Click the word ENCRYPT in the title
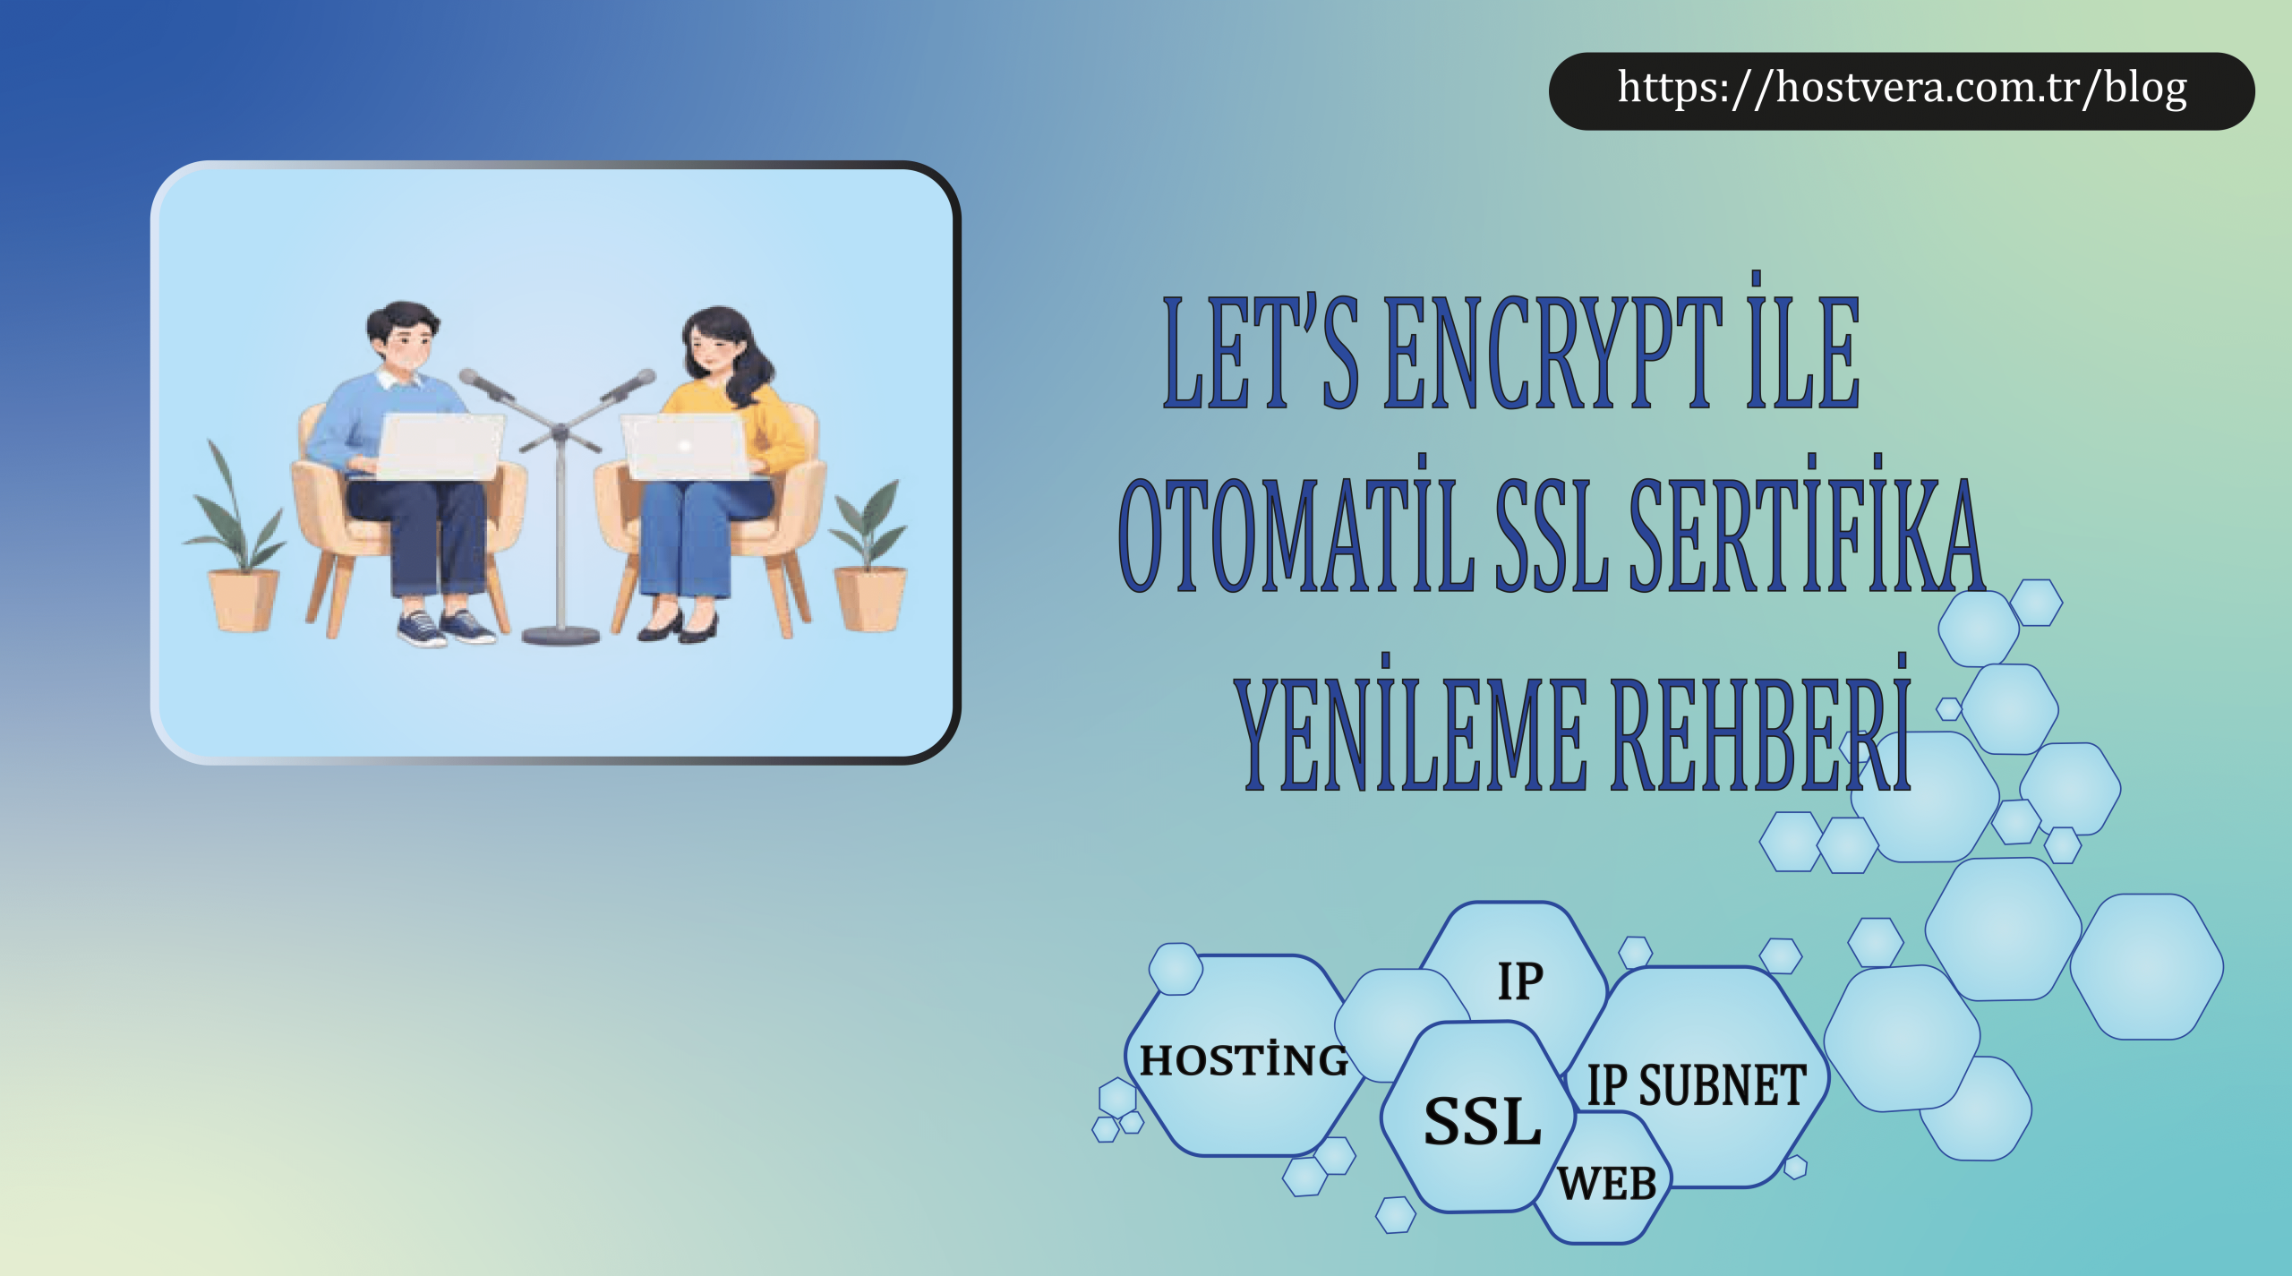pyautogui.click(x=1553, y=353)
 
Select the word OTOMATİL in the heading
pyautogui.click(x=1296, y=534)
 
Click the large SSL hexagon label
pyautogui.click(x=1483, y=1121)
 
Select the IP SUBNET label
pyautogui.click(x=1697, y=1085)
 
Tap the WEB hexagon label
pyautogui.click(x=1607, y=1184)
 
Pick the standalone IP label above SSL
pyautogui.click(x=1520, y=981)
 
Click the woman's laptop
pyautogui.click(x=686, y=447)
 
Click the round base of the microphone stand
pyautogui.click(x=560, y=635)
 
